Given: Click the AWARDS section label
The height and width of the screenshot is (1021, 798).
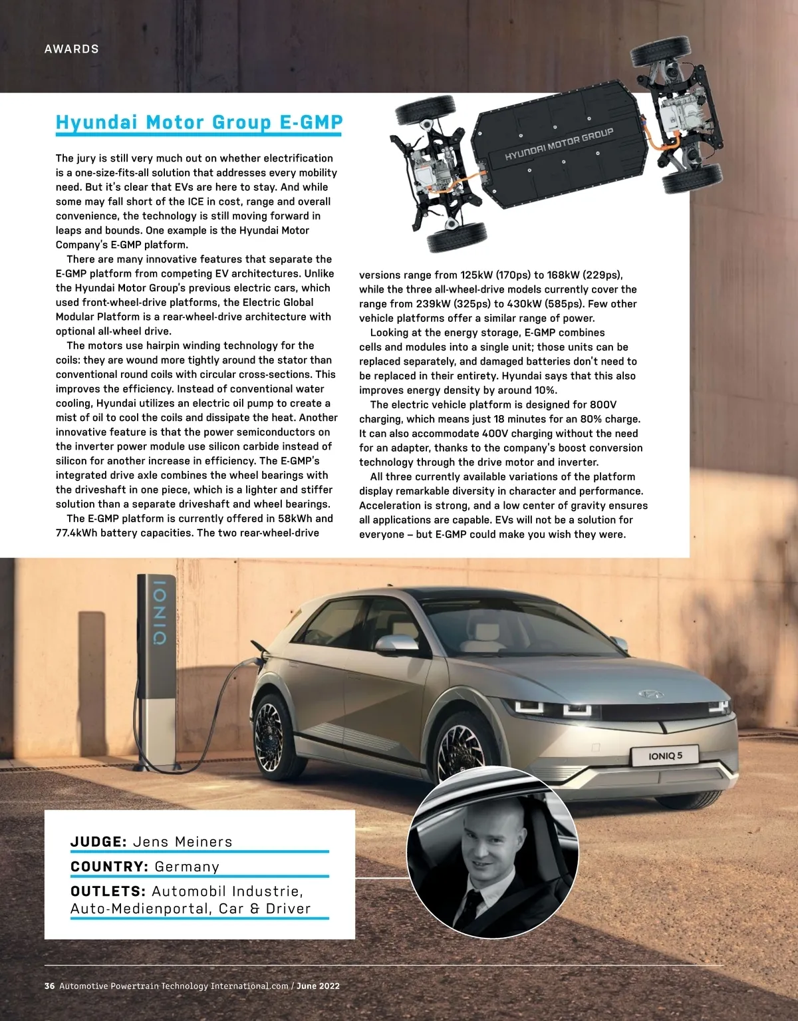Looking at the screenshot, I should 71,49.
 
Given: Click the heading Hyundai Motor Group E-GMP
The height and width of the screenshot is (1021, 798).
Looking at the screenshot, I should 199,122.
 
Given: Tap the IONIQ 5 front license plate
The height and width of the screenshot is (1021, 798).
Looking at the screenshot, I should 665,756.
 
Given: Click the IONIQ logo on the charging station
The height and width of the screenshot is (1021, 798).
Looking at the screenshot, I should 160,613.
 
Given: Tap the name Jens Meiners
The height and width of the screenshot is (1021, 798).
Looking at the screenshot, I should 183,842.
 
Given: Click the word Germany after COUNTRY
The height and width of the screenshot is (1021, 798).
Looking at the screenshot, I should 187,867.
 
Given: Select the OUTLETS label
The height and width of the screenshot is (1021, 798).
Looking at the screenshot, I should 108,891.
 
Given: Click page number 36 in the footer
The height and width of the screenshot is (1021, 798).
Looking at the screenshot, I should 50,986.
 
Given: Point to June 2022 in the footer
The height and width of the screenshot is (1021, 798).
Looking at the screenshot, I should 318,986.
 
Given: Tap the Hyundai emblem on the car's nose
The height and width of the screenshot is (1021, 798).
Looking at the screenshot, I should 647,694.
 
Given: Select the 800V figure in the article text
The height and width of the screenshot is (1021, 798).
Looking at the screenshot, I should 603,404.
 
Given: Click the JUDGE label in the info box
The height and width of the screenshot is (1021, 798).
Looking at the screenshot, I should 98,842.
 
